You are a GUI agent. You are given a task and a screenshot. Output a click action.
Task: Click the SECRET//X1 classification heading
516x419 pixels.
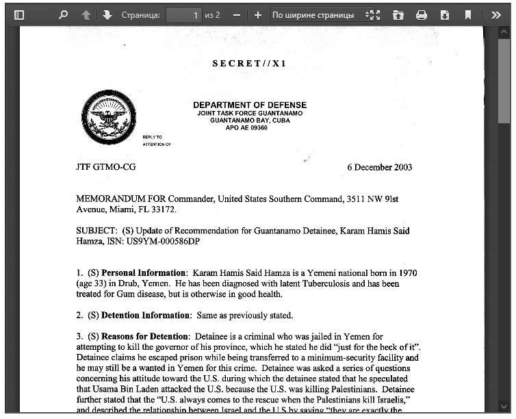[x=249, y=64]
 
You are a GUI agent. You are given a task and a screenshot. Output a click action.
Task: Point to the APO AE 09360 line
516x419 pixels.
[x=249, y=128]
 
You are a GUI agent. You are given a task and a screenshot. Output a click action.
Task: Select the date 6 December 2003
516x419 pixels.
[x=379, y=167]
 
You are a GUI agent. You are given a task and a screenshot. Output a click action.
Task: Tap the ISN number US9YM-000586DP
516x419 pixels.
[x=162, y=242]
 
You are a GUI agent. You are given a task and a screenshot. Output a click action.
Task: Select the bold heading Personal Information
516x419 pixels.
[x=144, y=273]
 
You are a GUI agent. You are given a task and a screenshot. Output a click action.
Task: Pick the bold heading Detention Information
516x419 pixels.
[x=145, y=316]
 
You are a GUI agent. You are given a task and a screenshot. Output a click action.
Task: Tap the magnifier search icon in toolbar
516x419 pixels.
[x=64, y=14]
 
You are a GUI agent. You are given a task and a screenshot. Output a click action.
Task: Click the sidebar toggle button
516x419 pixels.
[x=19, y=14]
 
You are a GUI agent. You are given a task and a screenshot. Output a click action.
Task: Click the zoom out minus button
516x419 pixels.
[x=237, y=14]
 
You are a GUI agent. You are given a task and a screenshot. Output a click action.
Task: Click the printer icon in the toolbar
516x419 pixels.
[x=422, y=14]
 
